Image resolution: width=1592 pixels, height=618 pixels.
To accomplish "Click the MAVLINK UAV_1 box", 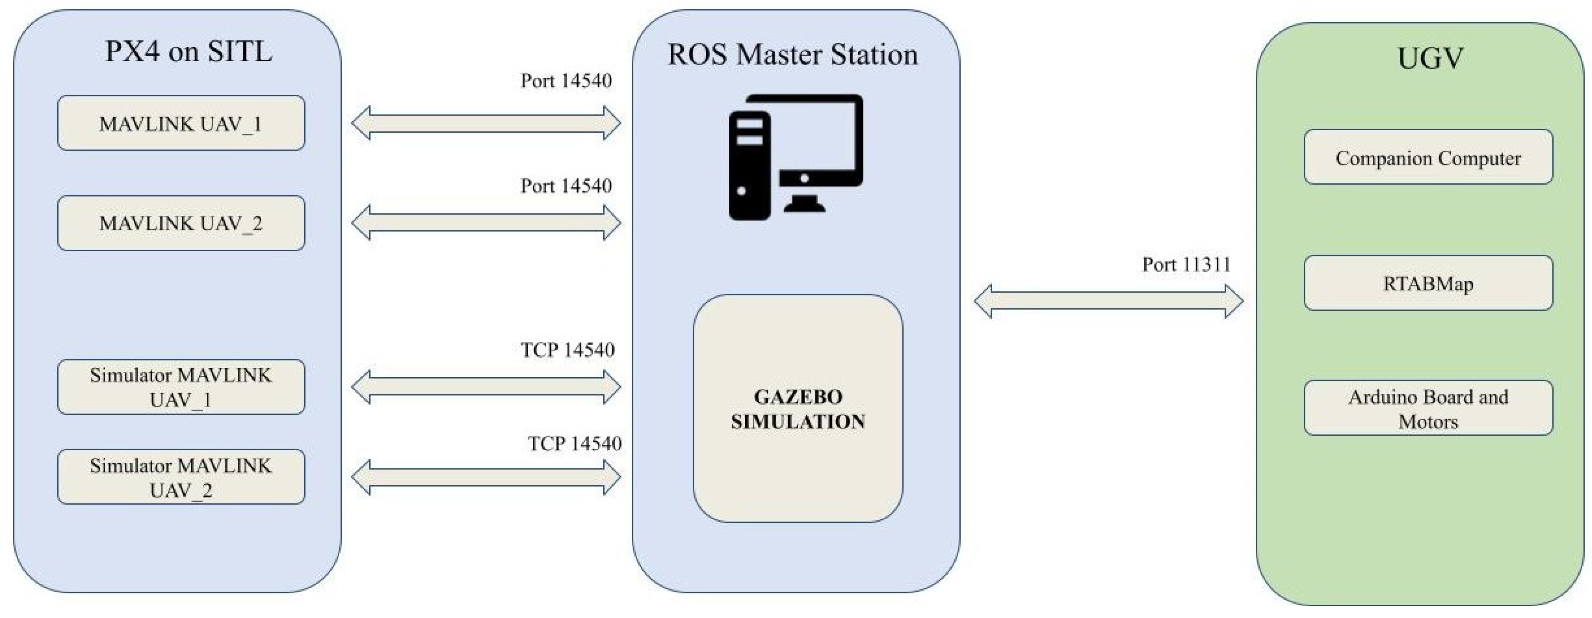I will [181, 123].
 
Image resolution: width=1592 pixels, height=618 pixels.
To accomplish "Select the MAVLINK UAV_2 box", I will [181, 223].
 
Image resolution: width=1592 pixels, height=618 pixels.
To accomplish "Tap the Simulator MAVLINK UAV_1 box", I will [181, 387].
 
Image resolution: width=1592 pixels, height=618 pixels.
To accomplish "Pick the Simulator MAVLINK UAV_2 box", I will [181, 476].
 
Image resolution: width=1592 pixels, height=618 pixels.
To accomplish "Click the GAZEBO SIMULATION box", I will [798, 408].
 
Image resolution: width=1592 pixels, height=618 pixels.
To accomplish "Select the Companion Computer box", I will [1428, 157].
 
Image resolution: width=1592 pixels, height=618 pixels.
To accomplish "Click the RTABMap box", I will [1428, 283].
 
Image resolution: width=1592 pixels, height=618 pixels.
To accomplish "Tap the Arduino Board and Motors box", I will [1428, 408].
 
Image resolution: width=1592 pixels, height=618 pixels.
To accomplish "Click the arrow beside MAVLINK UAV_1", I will [486, 123].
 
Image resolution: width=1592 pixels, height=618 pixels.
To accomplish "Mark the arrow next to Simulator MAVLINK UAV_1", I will [486, 387].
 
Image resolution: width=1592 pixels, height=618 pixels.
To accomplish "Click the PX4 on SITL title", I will [188, 51].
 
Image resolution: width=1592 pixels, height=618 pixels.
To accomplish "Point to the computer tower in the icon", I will [750, 166].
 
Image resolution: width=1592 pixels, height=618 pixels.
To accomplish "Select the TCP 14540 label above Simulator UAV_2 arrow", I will [574, 444].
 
